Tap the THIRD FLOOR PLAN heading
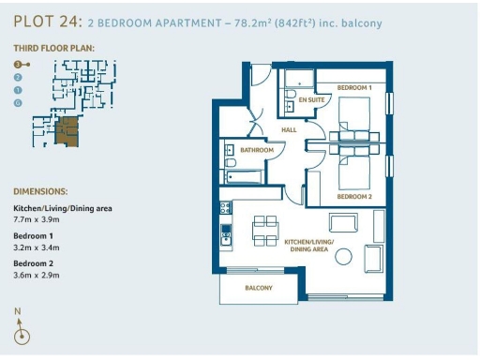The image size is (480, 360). [x=53, y=47]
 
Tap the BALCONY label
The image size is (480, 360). [x=259, y=289]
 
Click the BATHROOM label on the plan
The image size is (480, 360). [x=257, y=150]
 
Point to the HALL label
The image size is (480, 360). [x=290, y=129]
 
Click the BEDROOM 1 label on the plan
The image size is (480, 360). [x=355, y=87]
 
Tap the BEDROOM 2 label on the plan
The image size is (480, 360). [x=354, y=196]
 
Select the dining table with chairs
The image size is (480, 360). [x=265, y=228]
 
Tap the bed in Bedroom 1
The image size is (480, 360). [x=355, y=120]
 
